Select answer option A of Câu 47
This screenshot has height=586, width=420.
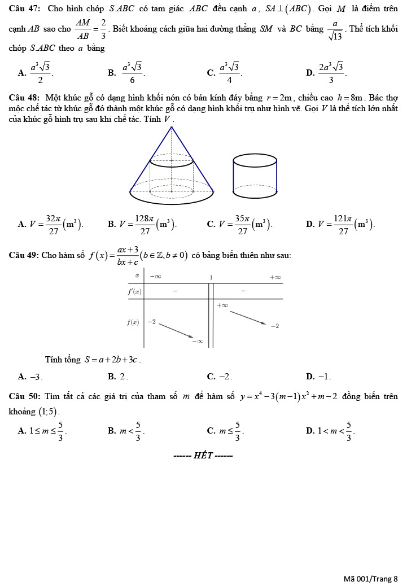(37, 72)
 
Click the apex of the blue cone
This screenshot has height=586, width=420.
(172, 128)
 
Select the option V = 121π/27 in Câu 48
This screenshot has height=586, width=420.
(341, 224)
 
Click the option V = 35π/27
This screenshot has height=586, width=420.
(240, 224)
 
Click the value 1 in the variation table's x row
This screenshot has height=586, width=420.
(211, 277)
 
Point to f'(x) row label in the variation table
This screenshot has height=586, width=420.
(134, 291)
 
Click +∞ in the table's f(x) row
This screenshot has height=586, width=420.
(222, 305)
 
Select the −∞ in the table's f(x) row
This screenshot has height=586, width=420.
(198, 341)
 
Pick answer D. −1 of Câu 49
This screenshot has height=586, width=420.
(319, 376)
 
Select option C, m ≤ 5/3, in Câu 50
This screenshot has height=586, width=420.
(226, 432)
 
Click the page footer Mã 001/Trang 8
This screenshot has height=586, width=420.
(370, 579)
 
